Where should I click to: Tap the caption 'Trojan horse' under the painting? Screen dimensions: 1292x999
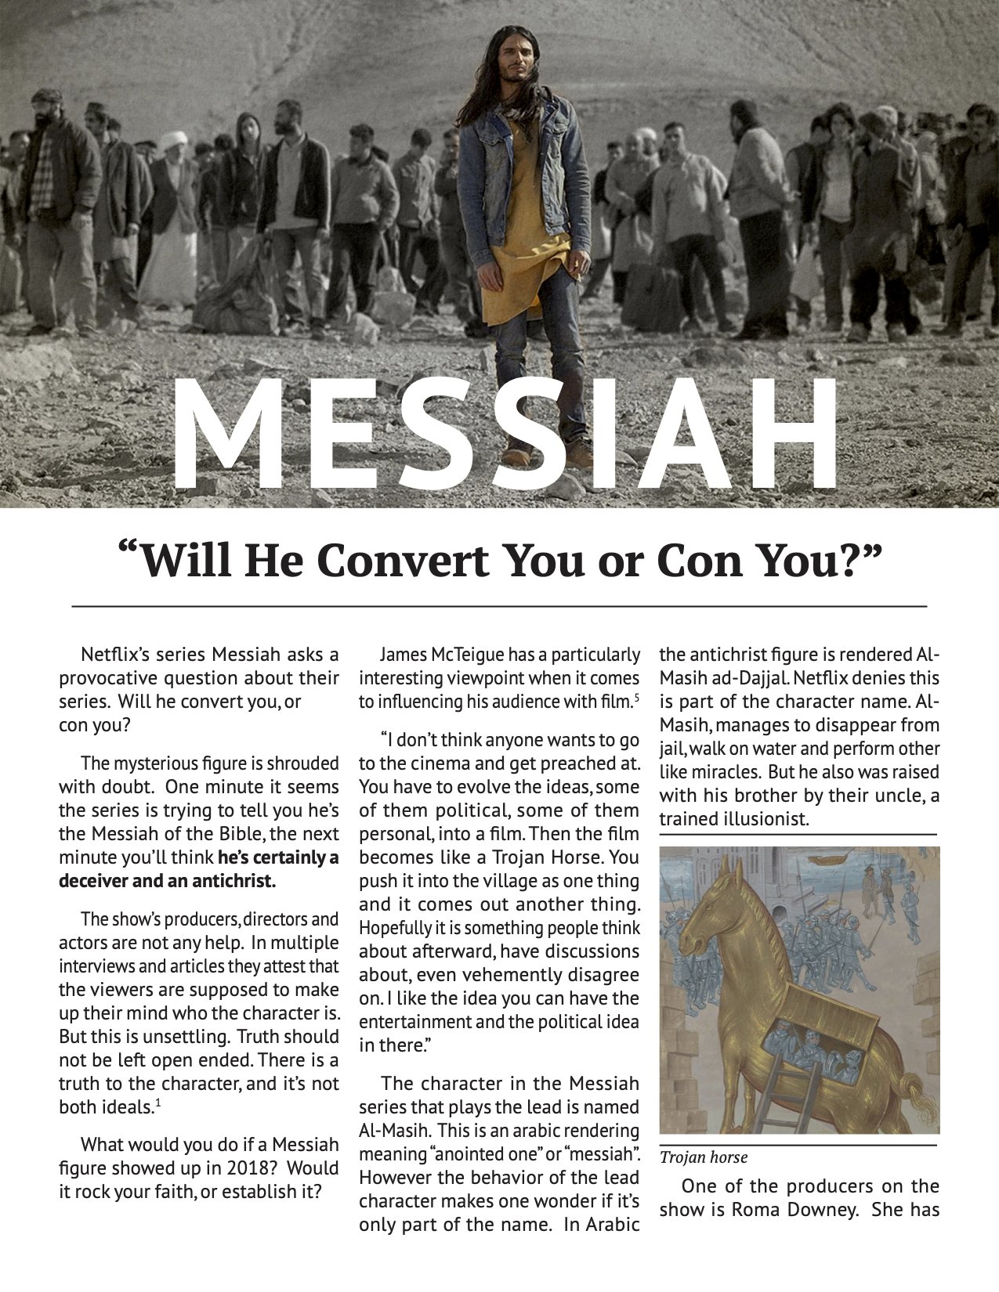tap(703, 1157)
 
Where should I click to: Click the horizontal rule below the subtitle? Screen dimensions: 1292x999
tap(499, 606)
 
